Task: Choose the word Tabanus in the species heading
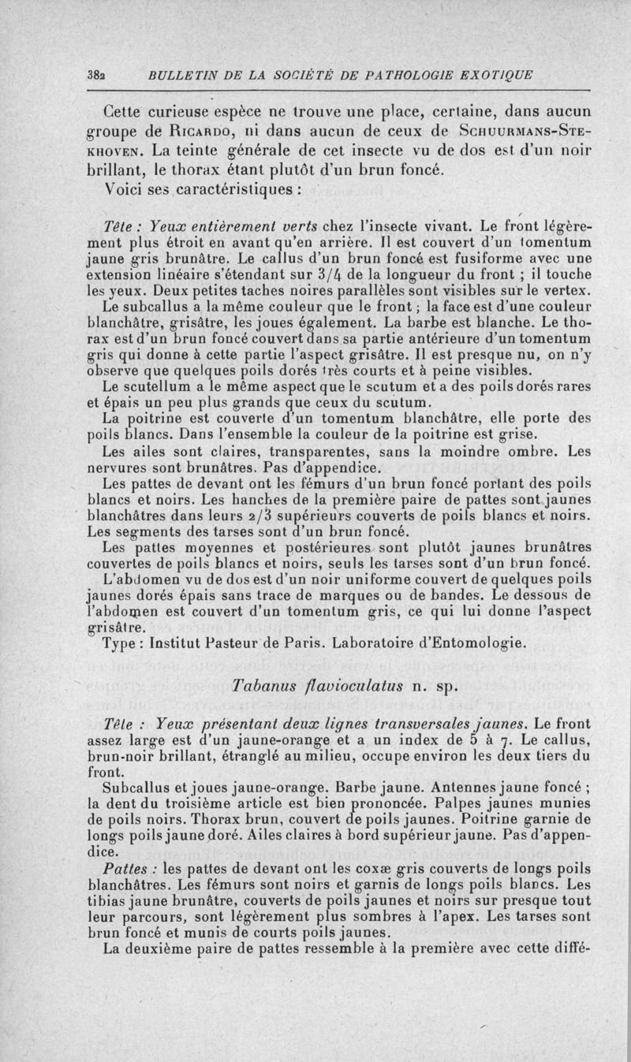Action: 264,685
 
